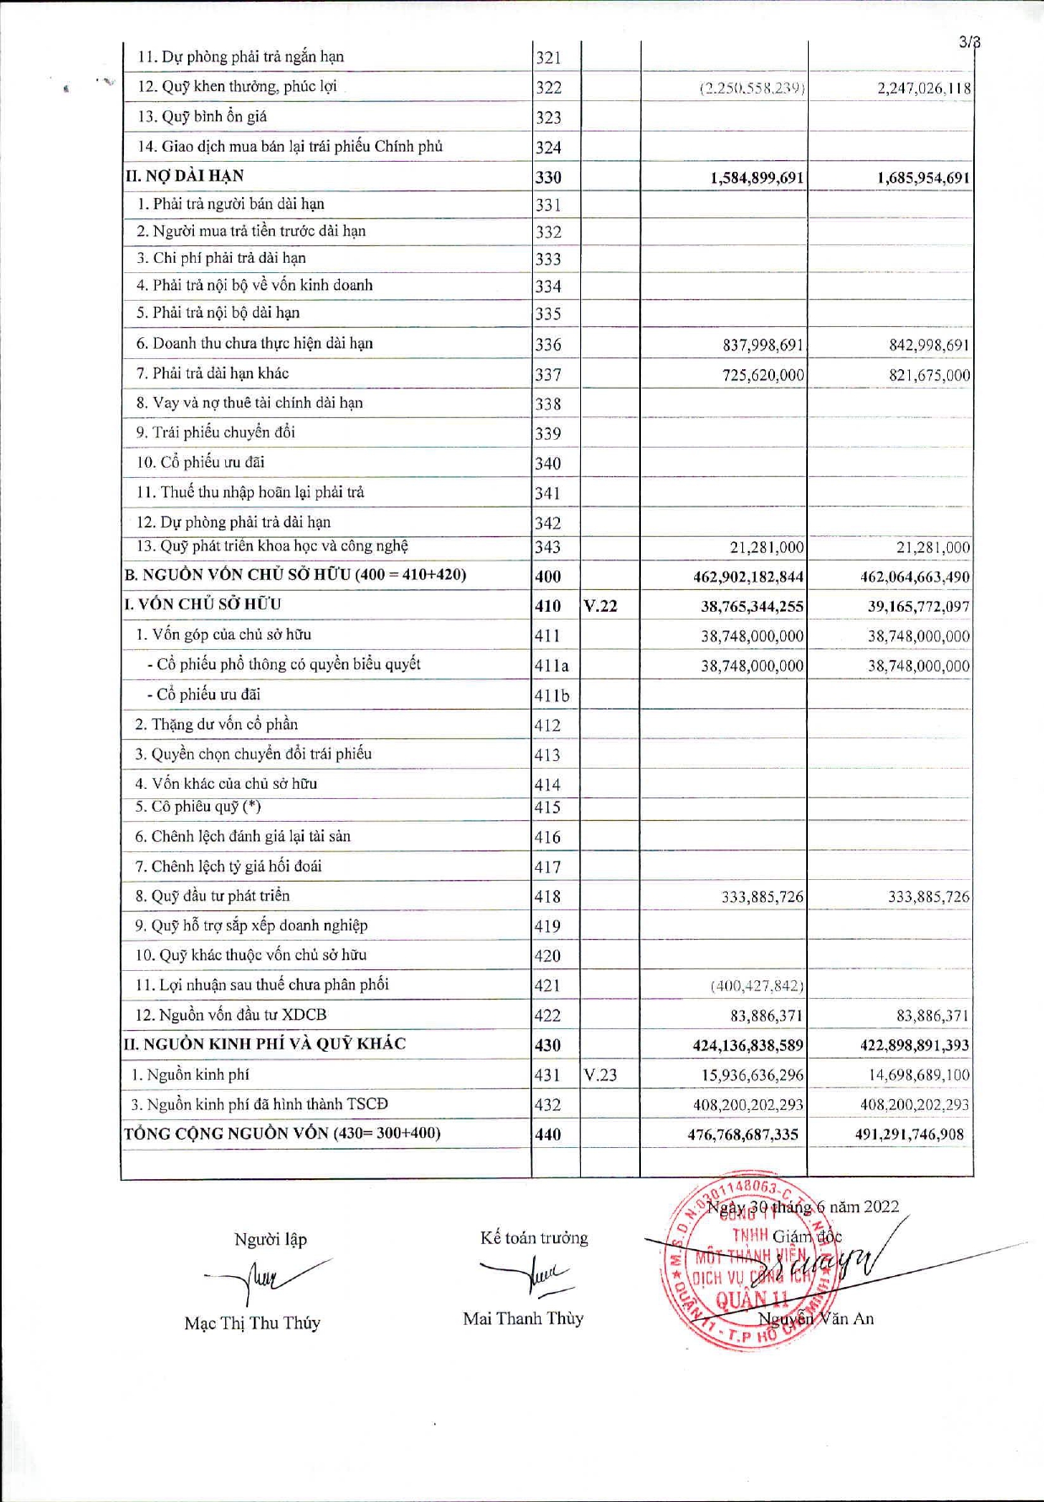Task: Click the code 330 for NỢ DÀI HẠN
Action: coord(548,177)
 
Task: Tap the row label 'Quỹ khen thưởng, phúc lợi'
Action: coord(237,86)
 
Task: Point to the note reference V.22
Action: coord(600,606)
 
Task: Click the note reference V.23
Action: coord(600,1075)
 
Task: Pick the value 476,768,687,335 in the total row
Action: coord(742,1135)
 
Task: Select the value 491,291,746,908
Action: coord(909,1135)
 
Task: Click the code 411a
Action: coord(552,666)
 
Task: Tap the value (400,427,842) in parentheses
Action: coord(756,985)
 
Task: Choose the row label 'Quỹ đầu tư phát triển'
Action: coord(212,895)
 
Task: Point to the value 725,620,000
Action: coord(763,375)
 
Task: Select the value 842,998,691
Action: coord(928,346)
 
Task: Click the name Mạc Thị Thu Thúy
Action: coord(252,1323)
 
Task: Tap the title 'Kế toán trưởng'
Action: coord(534,1238)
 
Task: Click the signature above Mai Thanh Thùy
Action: coord(527,1274)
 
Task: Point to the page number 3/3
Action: coord(969,42)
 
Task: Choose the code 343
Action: coord(547,547)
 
